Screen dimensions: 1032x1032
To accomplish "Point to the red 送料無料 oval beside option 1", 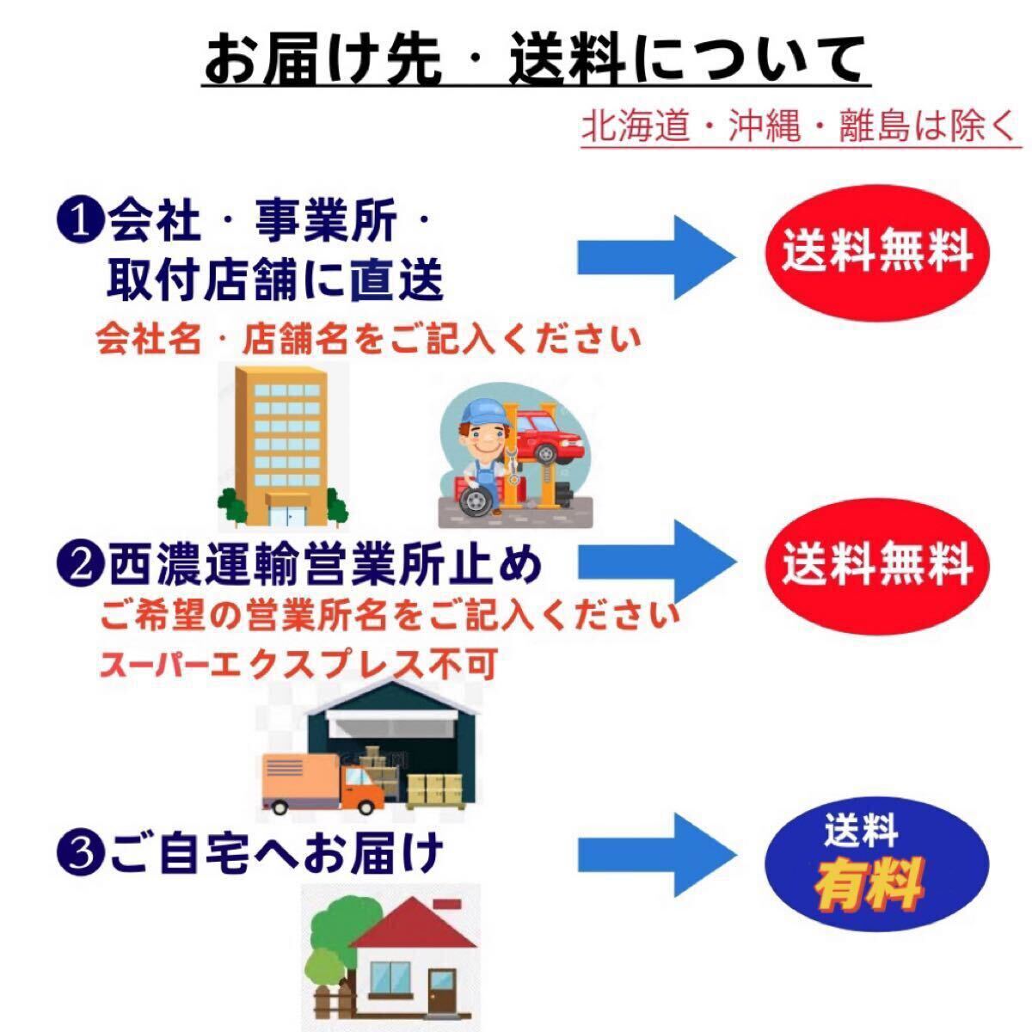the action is point(876,253).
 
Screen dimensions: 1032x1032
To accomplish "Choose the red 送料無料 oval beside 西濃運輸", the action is point(876,566).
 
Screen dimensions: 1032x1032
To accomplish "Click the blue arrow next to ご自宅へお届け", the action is point(655,855).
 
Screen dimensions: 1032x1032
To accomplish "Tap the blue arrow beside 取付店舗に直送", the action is point(655,258).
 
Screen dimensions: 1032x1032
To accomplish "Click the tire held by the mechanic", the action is point(476,500).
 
